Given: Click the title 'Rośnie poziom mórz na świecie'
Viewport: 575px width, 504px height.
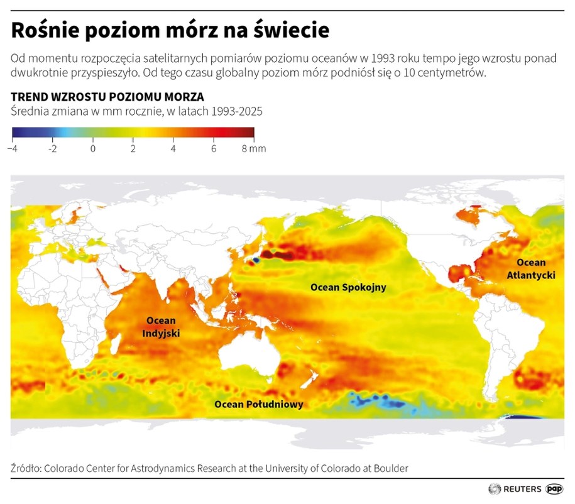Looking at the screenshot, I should click(170, 30).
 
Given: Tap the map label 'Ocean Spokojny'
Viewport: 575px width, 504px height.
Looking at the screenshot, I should click(348, 287).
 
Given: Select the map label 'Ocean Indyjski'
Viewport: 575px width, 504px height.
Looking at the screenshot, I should click(162, 327).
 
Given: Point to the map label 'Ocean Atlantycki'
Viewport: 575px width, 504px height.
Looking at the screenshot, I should click(531, 268).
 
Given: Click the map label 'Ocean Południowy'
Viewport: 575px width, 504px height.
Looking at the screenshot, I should click(258, 404).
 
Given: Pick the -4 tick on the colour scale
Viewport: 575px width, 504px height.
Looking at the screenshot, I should click(12, 149).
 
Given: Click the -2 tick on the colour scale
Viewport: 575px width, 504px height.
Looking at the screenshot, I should click(53, 149).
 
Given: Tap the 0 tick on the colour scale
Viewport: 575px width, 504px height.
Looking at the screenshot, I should click(92, 149).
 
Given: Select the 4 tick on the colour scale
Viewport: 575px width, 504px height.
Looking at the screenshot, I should click(173, 149).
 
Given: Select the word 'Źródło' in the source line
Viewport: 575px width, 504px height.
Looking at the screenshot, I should click(26, 468).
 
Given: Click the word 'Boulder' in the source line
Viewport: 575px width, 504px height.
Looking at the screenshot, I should click(391, 468).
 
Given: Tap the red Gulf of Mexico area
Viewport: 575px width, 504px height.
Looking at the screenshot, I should click(459, 273).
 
